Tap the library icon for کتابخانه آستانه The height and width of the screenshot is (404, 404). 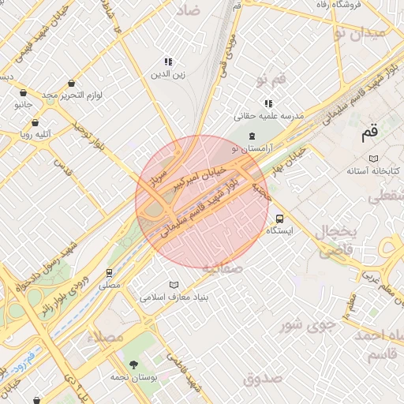click(x=374, y=159)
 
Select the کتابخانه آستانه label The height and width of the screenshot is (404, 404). click(x=374, y=171)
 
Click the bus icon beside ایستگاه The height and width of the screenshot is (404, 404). click(x=280, y=219)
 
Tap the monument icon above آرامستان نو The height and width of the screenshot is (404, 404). click(x=252, y=137)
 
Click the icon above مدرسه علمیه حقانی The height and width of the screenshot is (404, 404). click(x=268, y=103)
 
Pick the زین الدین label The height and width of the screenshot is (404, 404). click(x=168, y=75)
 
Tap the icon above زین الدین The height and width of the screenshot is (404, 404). click(x=168, y=62)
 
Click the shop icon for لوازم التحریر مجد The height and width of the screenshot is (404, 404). click(x=73, y=83)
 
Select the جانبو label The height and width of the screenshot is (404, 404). click(x=23, y=104)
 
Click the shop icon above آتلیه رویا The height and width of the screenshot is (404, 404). click(x=35, y=122)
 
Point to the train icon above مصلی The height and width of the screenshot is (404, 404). click(x=109, y=272)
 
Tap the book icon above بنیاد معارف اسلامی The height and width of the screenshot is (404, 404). click(x=174, y=285)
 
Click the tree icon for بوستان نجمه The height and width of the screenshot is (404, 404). click(x=133, y=365)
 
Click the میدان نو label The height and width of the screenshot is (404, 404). click(x=360, y=32)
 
